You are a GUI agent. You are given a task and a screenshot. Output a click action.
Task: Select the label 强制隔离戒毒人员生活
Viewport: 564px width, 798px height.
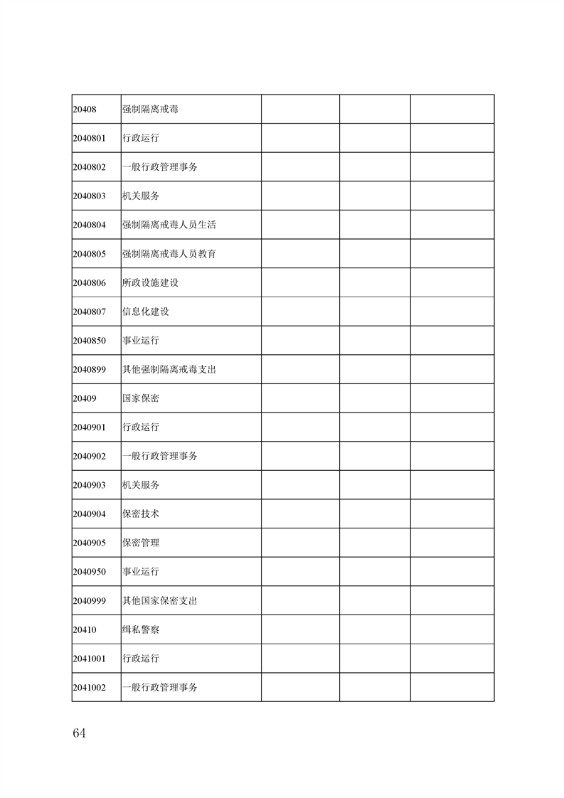coord(169,225)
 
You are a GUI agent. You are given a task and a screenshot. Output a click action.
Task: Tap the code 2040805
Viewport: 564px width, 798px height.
coord(89,254)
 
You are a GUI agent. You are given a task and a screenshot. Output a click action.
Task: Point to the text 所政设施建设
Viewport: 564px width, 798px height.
coord(150,282)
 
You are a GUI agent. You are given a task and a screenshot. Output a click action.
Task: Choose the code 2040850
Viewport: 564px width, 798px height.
coord(89,341)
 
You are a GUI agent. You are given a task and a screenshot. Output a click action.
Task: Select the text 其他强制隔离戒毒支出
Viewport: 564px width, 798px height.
coord(169,370)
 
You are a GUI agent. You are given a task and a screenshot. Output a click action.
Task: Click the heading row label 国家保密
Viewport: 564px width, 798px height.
coord(140,398)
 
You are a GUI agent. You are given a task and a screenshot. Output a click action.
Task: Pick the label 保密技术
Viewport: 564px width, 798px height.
coord(140,514)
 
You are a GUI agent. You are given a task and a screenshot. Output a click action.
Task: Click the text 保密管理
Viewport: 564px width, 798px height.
coord(140,543)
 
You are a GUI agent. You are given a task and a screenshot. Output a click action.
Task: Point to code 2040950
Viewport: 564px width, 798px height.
coord(89,572)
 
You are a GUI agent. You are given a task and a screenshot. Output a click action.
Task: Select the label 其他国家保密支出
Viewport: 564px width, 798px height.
coord(159,601)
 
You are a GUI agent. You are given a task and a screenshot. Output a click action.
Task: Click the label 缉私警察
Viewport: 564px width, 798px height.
coord(140,630)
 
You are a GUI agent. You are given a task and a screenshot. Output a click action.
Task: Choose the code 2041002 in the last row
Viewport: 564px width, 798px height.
coord(89,688)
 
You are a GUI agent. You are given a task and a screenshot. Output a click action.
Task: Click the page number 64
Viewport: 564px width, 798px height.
coord(79,733)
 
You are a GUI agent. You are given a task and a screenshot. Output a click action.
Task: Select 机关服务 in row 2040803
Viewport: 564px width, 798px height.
coord(140,196)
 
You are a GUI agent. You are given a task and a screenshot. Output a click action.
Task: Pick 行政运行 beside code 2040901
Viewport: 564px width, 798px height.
coord(140,427)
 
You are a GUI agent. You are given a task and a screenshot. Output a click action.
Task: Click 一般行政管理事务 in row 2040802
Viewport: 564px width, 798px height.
coord(159,167)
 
